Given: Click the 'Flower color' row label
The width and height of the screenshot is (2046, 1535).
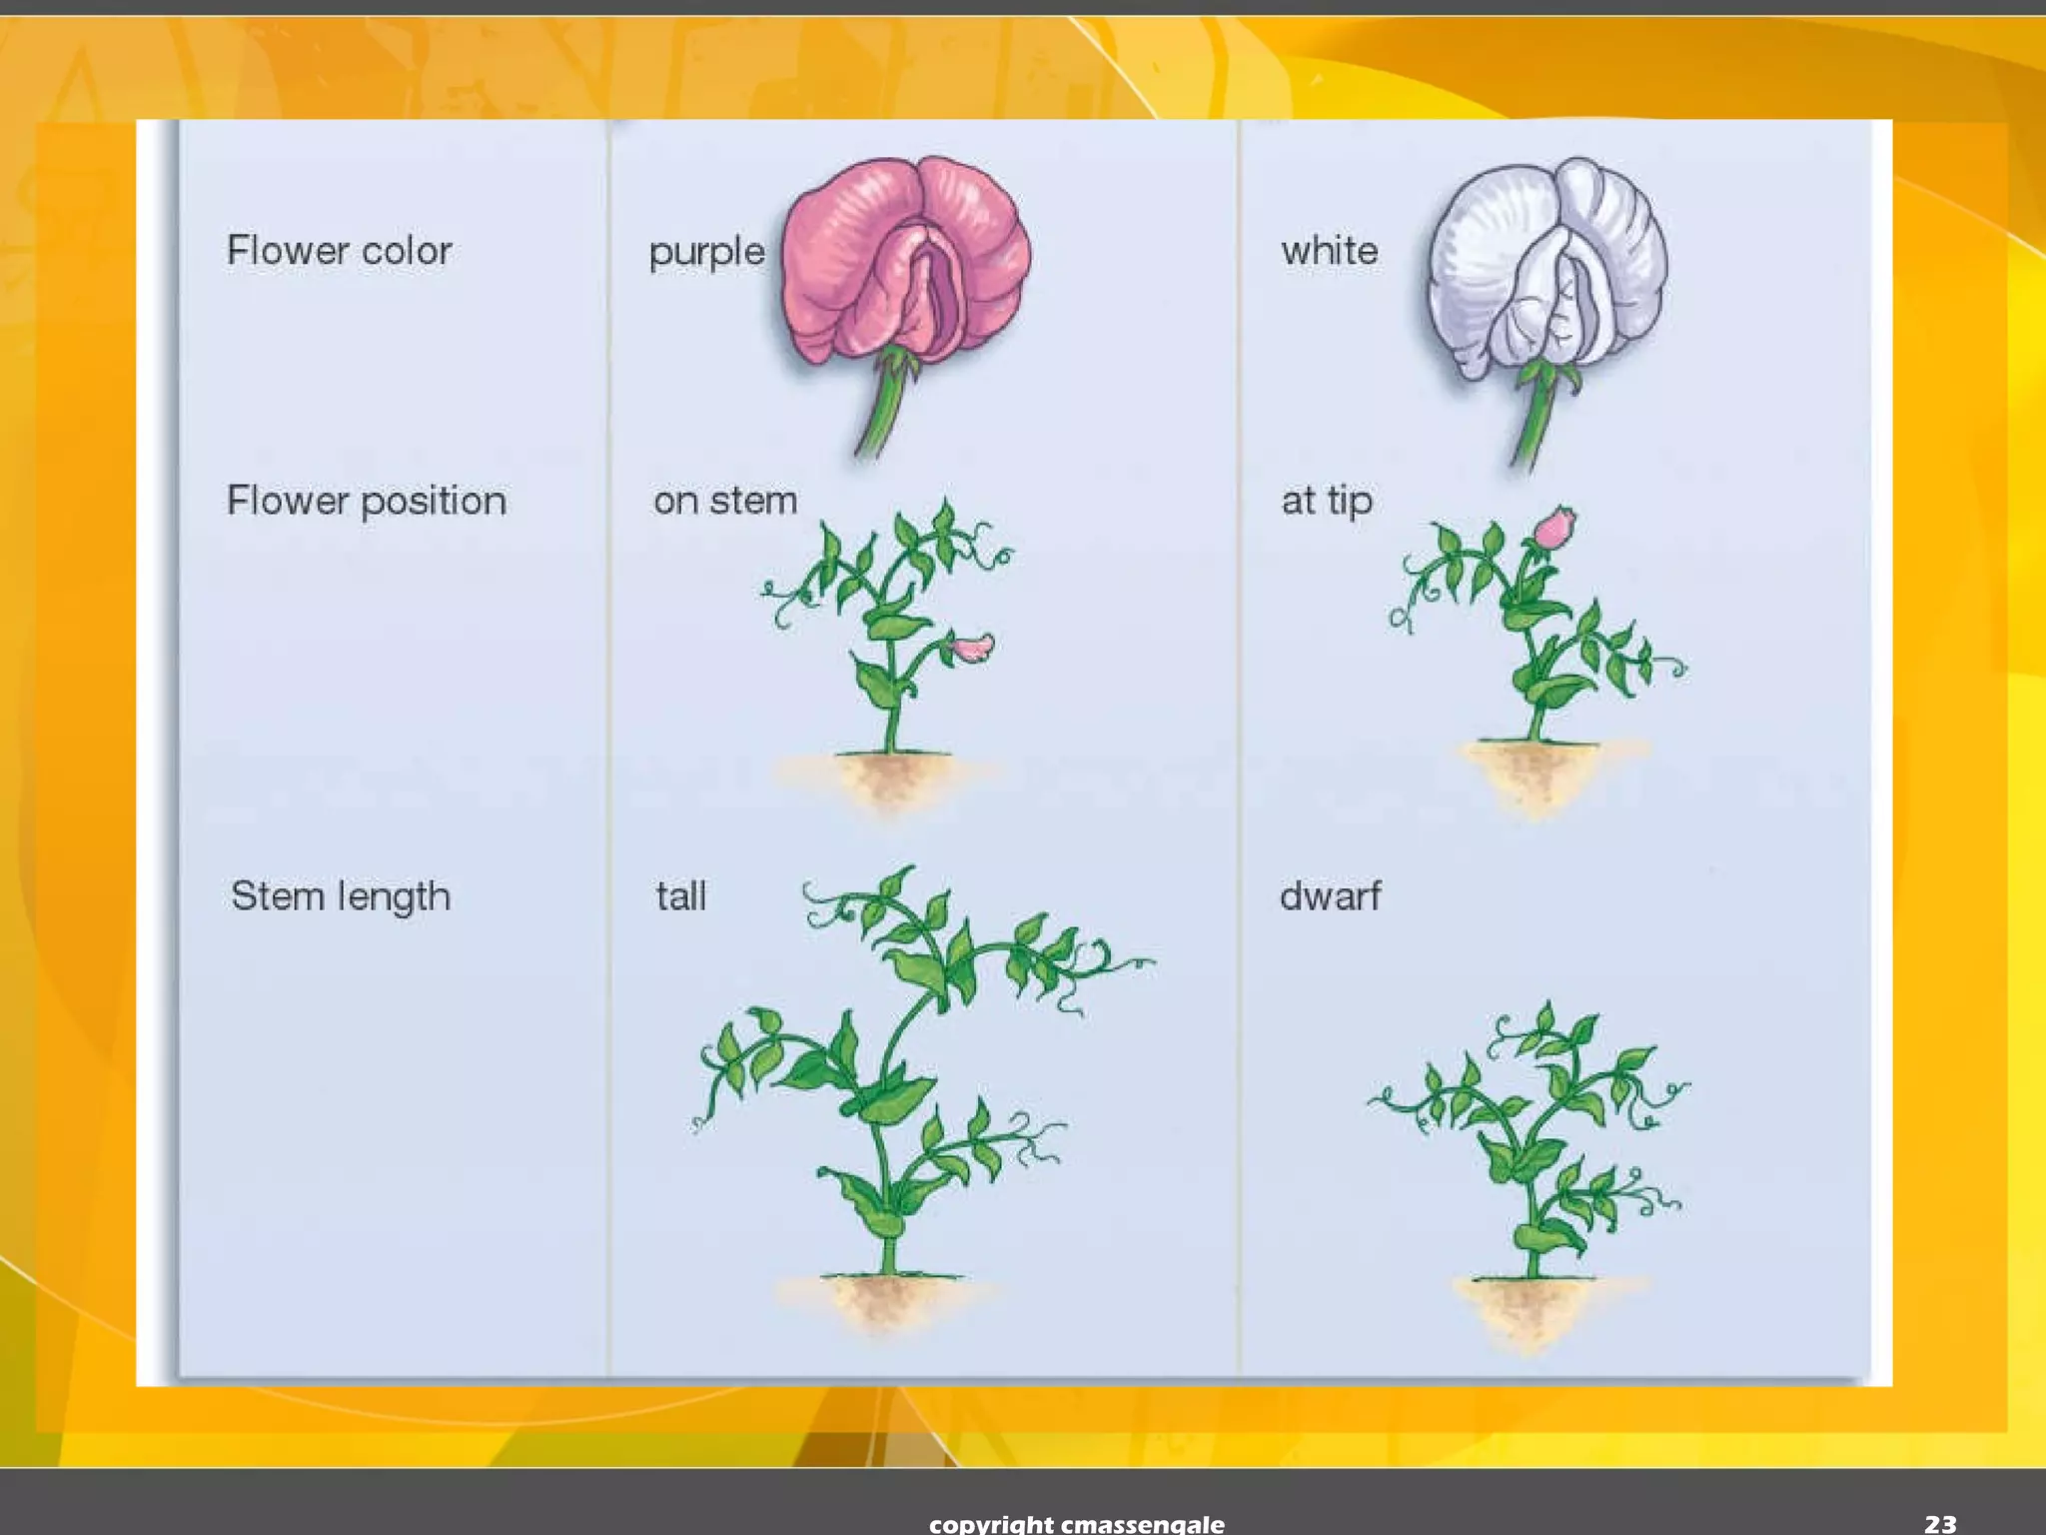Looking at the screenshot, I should point(339,251).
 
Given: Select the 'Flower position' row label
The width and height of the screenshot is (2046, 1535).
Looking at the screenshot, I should point(366,501).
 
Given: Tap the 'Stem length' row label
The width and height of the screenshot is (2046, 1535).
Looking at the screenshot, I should point(340,896).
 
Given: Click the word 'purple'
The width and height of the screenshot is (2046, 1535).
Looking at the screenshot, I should point(706,252).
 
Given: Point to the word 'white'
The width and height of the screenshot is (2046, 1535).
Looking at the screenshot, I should point(1329,251).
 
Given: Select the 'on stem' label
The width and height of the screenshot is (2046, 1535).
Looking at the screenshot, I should point(725,501).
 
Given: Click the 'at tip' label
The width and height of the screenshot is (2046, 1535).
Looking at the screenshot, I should point(1327,501).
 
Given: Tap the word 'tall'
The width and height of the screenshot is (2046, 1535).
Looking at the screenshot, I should point(681,896).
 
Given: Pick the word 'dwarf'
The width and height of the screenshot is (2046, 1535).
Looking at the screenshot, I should point(1330,896).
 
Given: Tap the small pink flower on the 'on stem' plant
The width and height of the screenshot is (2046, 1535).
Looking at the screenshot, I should point(969,649).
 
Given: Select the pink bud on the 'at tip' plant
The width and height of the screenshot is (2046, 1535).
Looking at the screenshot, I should point(1553,527).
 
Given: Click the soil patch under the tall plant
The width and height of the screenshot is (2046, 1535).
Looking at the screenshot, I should point(884,1299).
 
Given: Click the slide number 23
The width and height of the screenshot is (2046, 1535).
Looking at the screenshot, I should point(1940,1523).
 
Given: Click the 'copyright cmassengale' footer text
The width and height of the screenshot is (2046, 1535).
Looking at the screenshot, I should point(1076,1523).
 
